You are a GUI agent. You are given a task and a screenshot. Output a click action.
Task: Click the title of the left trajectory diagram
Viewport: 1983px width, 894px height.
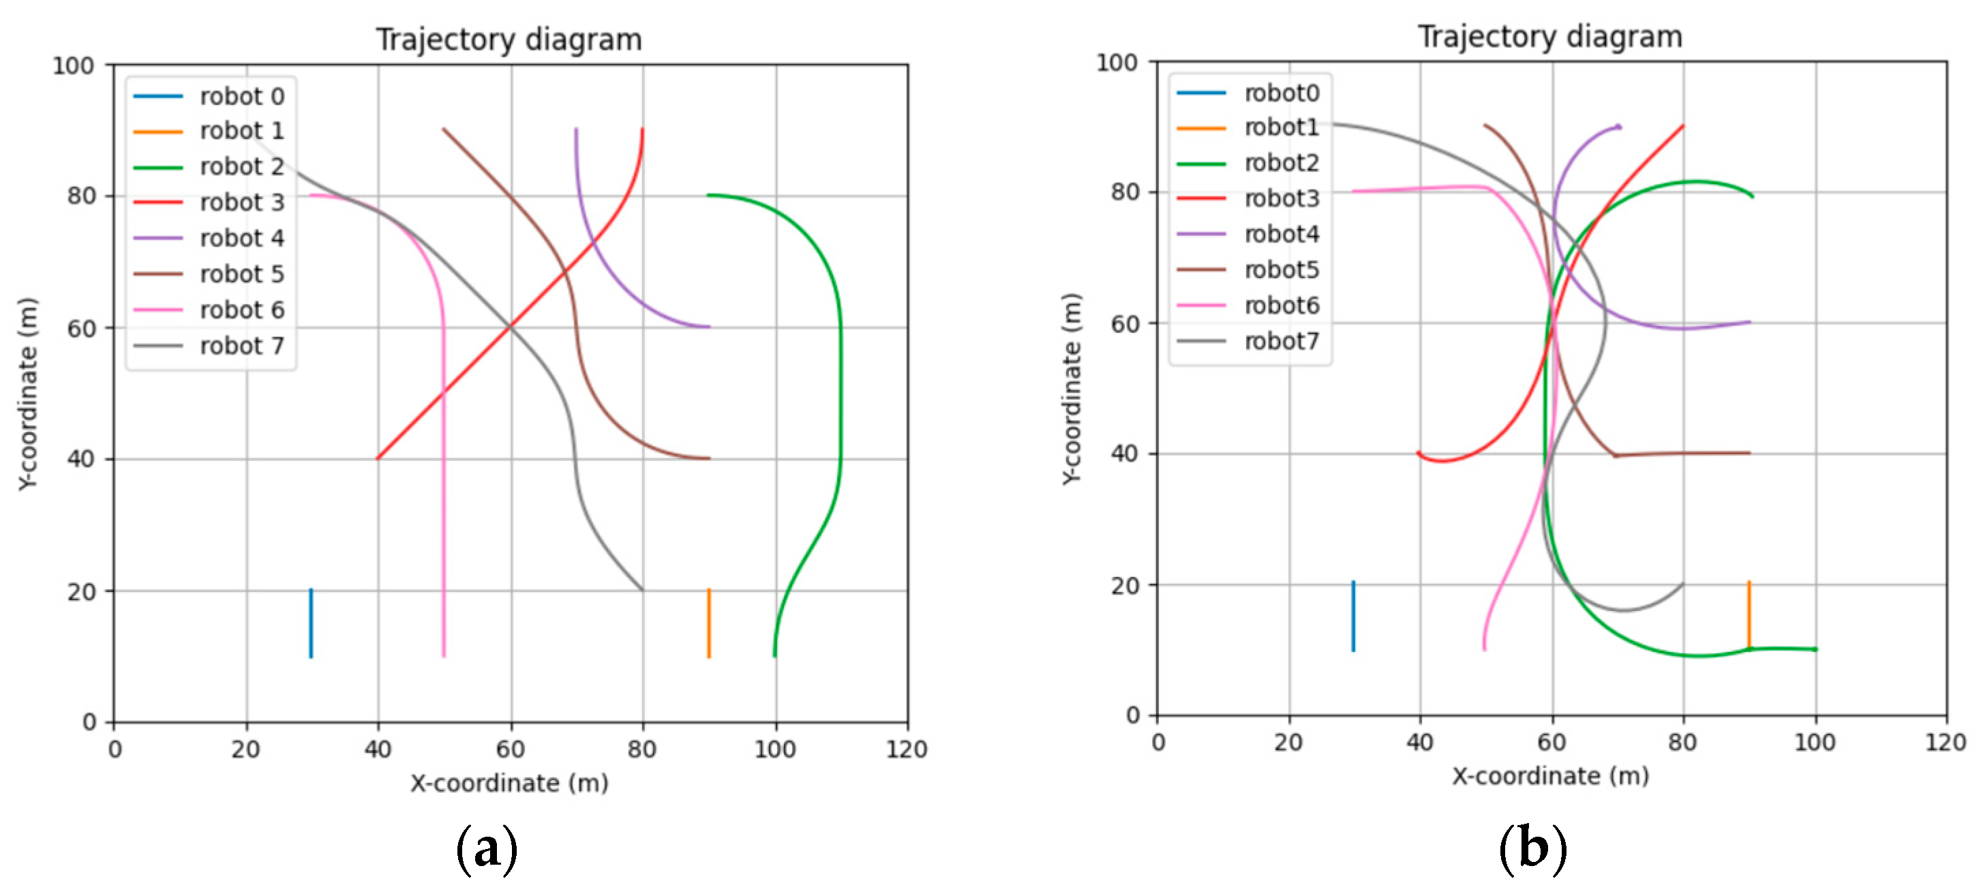click(x=509, y=40)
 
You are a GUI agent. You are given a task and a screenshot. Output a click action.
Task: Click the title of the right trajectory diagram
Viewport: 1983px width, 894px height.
click(x=1549, y=37)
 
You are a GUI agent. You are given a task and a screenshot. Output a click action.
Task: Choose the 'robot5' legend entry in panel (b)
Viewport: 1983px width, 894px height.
click(x=1281, y=269)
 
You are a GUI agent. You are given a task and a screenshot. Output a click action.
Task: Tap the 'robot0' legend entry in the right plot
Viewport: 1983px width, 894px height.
click(x=1281, y=93)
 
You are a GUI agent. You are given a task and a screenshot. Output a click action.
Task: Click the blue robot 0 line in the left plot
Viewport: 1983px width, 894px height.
click(x=311, y=624)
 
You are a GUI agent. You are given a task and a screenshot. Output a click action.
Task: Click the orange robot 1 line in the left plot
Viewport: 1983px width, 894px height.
click(x=709, y=624)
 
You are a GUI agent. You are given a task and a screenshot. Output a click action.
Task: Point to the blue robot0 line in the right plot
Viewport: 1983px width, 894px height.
click(x=1353, y=616)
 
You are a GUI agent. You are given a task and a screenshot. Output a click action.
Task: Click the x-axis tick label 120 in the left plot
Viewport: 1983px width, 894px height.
click(x=906, y=749)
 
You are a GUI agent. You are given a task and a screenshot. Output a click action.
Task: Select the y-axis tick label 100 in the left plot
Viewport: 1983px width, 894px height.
click(x=73, y=65)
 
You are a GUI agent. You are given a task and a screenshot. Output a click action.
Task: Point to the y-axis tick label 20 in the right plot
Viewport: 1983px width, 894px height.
click(x=1125, y=585)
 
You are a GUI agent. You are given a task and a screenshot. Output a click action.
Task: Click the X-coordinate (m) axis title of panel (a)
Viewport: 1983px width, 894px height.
click(x=509, y=783)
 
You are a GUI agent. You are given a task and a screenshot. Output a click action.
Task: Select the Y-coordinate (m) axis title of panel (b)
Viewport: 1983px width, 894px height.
click(x=1072, y=389)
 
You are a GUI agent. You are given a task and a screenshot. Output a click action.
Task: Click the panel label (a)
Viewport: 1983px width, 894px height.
click(x=487, y=850)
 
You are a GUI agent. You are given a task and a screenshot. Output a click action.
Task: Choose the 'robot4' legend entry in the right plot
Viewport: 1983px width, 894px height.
click(x=1281, y=234)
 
